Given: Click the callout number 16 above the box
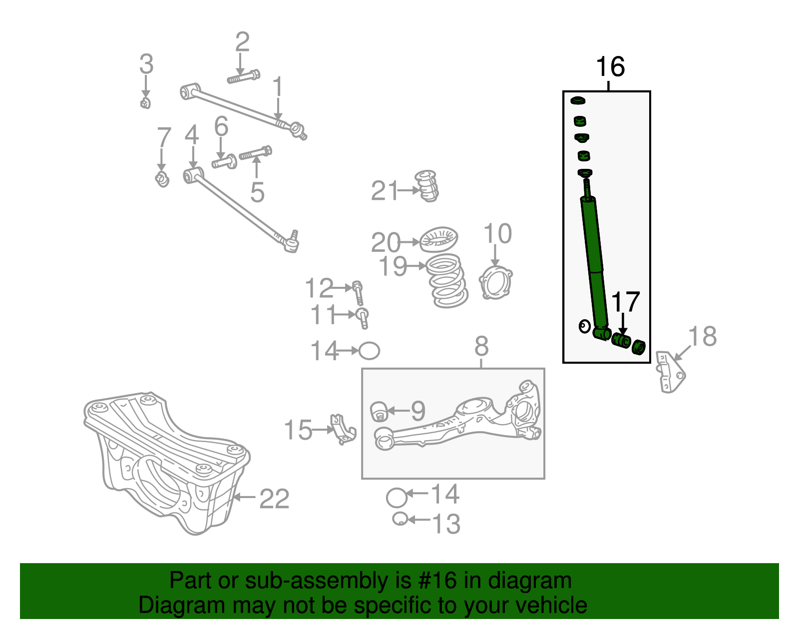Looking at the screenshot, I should point(610,67).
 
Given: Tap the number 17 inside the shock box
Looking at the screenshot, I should point(625,303).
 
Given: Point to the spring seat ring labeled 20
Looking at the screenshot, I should point(438,239).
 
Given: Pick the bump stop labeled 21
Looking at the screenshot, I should point(427,186).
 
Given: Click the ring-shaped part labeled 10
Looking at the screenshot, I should point(495,283).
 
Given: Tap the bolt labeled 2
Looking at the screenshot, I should point(244,77).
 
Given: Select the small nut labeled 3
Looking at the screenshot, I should point(145,103).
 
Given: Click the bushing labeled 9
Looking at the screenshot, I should point(379,411).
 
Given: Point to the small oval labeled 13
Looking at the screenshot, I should point(399,519).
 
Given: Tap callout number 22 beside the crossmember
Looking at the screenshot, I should point(274,499).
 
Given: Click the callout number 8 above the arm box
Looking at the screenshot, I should point(481,346).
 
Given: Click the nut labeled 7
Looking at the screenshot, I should point(162,178).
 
